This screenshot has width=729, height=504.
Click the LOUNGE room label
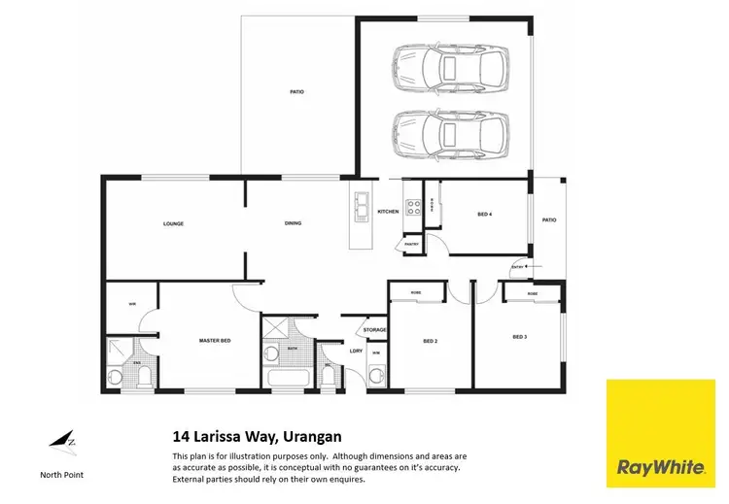(173, 223)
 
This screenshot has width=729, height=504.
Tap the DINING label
(293, 223)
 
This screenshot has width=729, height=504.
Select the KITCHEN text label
(388, 212)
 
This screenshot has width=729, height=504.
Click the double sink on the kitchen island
(362, 207)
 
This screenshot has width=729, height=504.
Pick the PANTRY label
(412, 244)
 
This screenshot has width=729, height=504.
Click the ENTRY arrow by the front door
(518, 266)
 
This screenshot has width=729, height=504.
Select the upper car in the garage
(450, 68)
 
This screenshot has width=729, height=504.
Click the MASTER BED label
(214, 341)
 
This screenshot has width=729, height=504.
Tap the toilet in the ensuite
(117, 377)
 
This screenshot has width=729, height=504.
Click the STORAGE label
(375, 330)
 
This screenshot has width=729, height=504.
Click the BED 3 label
(521, 337)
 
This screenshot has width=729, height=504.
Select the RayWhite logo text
(661, 468)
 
